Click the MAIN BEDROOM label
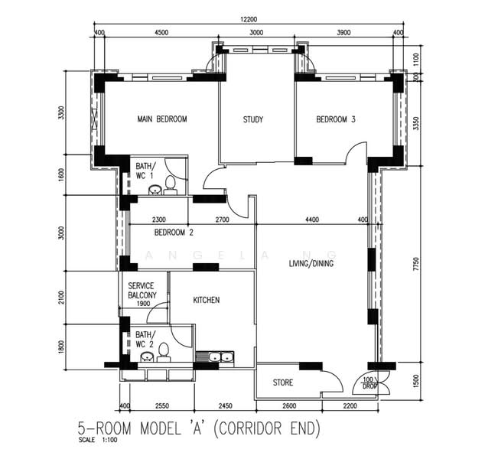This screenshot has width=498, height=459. (x=162, y=119)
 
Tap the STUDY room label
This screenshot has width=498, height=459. (x=253, y=119)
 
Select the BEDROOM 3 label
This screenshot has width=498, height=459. (x=336, y=119)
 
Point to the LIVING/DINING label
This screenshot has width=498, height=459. (x=311, y=263)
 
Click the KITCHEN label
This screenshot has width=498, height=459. (x=207, y=300)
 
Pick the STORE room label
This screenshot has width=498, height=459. (x=283, y=382)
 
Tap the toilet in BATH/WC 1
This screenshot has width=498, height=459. (x=171, y=184)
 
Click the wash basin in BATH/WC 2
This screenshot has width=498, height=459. (x=148, y=357)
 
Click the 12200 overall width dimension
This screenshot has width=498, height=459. (x=249, y=19)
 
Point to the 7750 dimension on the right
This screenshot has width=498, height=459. (x=416, y=264)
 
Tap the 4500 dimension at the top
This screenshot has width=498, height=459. (x=161, y=32)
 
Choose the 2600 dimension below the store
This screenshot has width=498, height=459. (x=289, y=405)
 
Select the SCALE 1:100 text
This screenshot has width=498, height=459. (x=97, y=441)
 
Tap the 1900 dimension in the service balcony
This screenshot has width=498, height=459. (x=143, y=304)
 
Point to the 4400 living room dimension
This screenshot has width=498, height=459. (x=312, y=220)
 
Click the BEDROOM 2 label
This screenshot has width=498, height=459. (x=174, y=233)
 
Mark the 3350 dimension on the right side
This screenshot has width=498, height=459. (x=416, y=123)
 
